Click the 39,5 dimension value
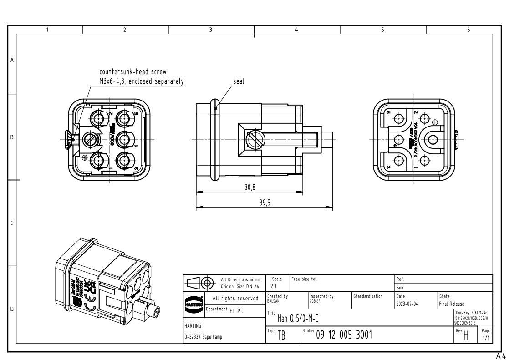click(x=265, y=203)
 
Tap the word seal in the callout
click(x=238, y=82)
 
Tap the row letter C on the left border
click(x=12, y=223)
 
